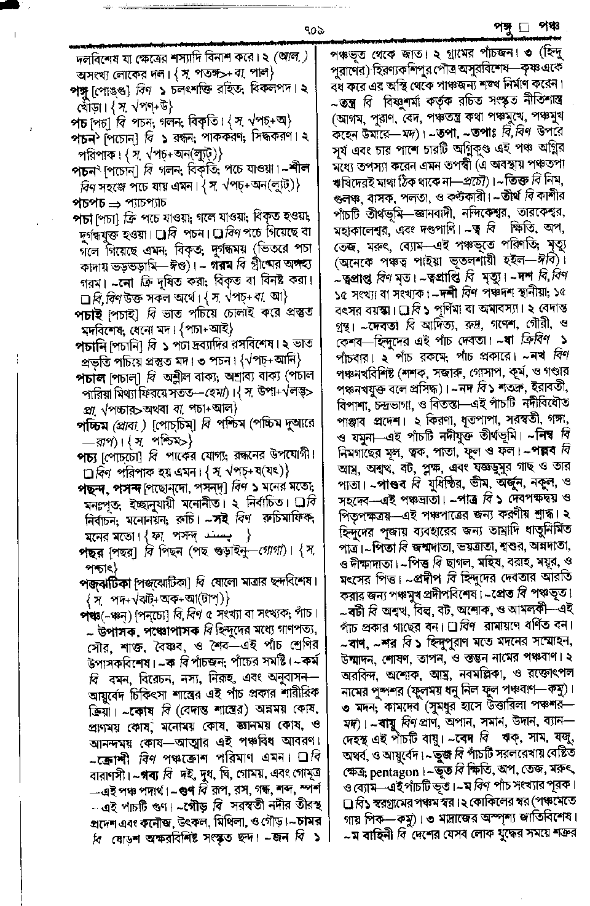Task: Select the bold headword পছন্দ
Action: [x=90, y=488]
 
